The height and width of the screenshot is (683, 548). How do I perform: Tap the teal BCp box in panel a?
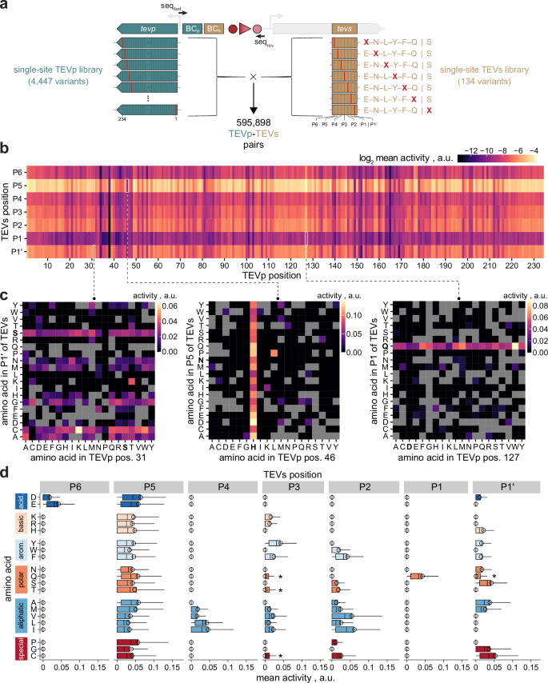192,29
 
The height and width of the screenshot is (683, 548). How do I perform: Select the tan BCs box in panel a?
213,29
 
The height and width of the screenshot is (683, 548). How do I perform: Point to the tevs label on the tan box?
345,29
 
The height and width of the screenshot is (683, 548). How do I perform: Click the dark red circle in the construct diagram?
232,30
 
